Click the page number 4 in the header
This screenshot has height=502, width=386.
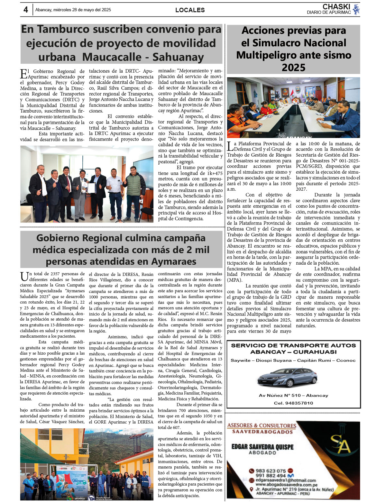click(26, 10)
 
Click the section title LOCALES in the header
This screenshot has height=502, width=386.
click(190, 10)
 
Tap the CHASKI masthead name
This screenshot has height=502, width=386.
click(336, 7)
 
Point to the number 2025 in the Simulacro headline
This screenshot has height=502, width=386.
click(293, 68)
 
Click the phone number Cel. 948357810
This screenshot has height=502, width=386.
click(293, 403)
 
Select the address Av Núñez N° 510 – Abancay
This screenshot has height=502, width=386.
click(293, 396)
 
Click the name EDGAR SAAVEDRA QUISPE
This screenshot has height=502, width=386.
click(262, 447)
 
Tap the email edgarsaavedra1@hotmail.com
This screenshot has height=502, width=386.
click(286, 480)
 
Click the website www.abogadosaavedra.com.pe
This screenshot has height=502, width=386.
click(286, 485)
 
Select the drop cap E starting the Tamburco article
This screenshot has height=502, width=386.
click(23, 74)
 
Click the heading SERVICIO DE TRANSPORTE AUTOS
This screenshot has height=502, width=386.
click(293, 346)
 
